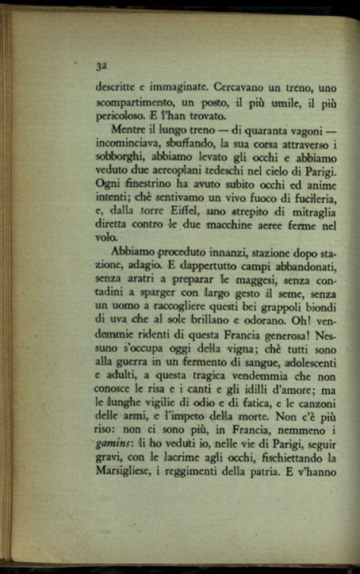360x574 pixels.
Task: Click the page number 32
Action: tap(101, 65)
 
